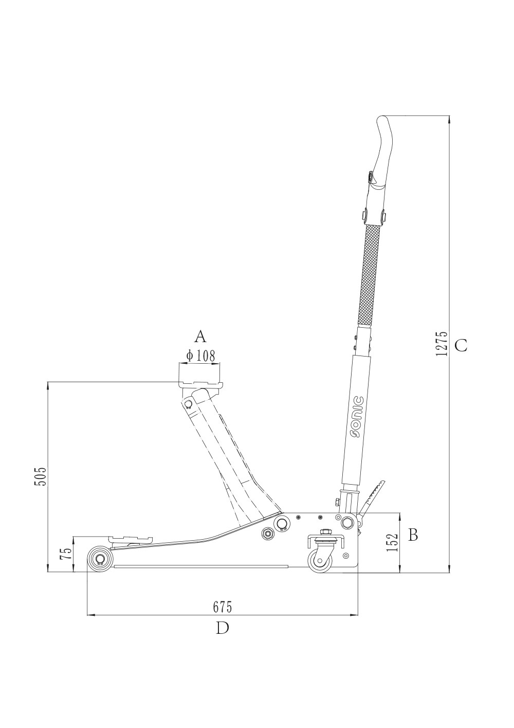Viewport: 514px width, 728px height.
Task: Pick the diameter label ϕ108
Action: pos(200,356)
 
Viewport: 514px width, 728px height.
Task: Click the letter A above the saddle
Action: pos(200,336)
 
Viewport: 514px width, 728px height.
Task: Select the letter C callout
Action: pos(461,345)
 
